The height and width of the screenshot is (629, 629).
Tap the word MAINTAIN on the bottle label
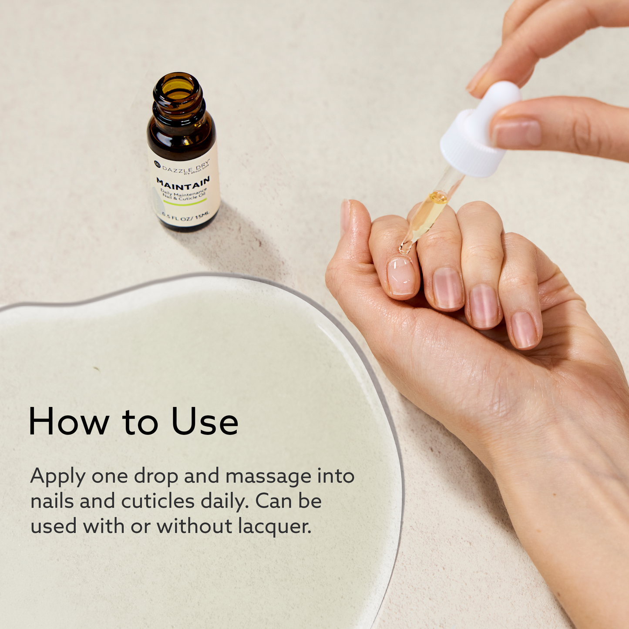183,183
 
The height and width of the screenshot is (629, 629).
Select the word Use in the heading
205,422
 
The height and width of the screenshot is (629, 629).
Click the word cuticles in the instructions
158,501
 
